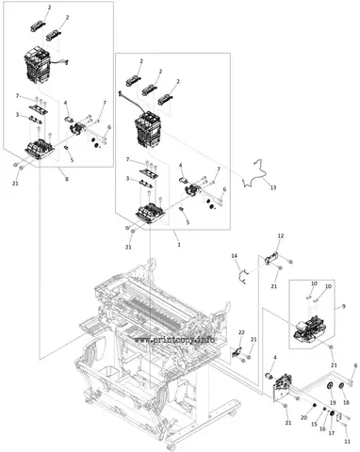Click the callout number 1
[179, 244]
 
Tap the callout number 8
[67, 179]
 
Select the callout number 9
[344, 306]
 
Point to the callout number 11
[347, 441]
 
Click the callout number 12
[281, 235]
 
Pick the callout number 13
[273, 187]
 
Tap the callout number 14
[235, 256]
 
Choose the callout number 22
[241, 332]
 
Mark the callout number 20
[303, 417]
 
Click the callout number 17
[332, 433]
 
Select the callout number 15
[315, 424]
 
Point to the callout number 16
[322, 428]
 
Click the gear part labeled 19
[330, 386]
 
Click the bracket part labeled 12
[271, 257]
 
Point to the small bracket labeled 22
[237, 352]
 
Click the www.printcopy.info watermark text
[175, 340]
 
